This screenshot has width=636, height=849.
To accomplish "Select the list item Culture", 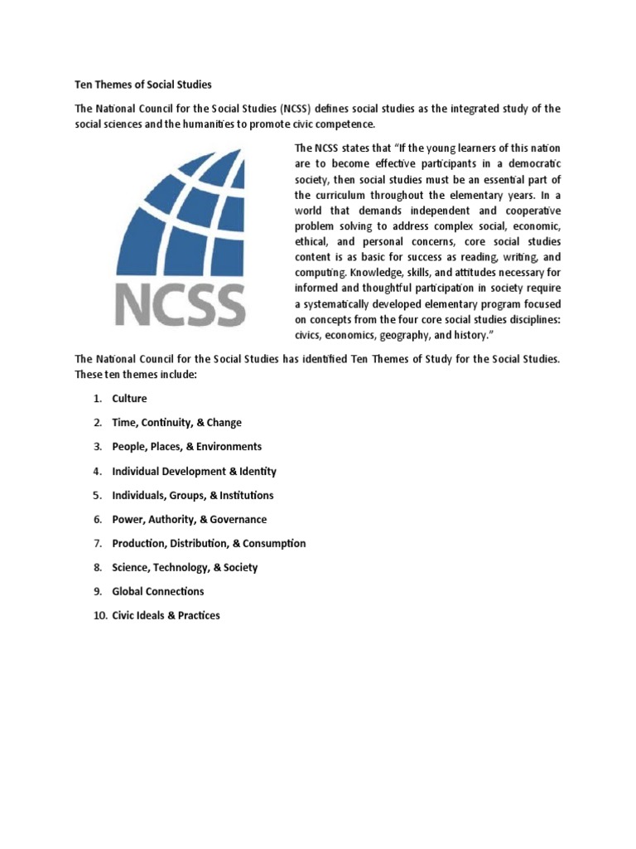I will [129, 399].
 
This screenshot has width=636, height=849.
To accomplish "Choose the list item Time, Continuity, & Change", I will [177, 423].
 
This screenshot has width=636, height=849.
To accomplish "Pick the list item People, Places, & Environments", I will [187, 447].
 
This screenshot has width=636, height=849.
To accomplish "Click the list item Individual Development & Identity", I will [195, 471].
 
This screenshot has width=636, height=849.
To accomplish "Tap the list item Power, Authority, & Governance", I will [190, 519].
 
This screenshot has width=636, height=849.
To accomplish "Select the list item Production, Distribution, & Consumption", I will [209, 543].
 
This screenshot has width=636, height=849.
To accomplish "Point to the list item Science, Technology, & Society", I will [185, 567].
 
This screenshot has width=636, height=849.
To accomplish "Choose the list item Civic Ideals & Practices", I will [166, 615].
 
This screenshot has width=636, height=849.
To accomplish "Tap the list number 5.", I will [96, 495].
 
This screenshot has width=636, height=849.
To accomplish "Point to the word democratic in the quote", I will [531, 164].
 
